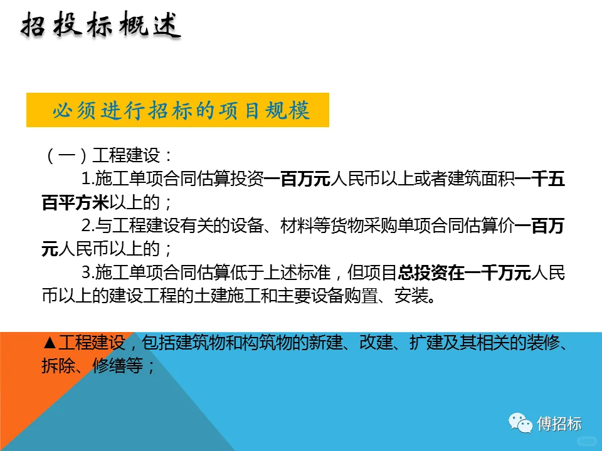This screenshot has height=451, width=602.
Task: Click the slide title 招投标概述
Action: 101,27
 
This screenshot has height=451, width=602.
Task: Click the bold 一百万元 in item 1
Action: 298,179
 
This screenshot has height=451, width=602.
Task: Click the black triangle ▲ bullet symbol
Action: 51,343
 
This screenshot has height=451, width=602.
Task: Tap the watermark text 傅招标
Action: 560,423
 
